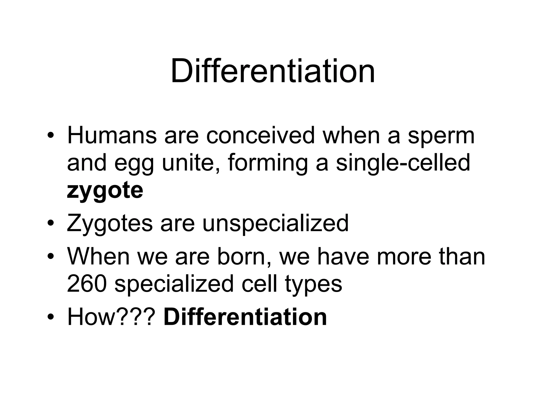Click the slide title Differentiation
pyautogui.click(x=273, y=72)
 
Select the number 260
pyautogui.click(x=87, y=284)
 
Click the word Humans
pyautogui.click(x=112, y=136)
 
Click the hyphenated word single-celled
pyautogui.click(x=403, y=163)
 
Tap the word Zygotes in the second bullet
pyautogui.click(x=110, y=224)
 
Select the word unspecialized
pyautogui.click(x=275, y=224)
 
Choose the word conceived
pyautogui.click(x=260, y=136)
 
